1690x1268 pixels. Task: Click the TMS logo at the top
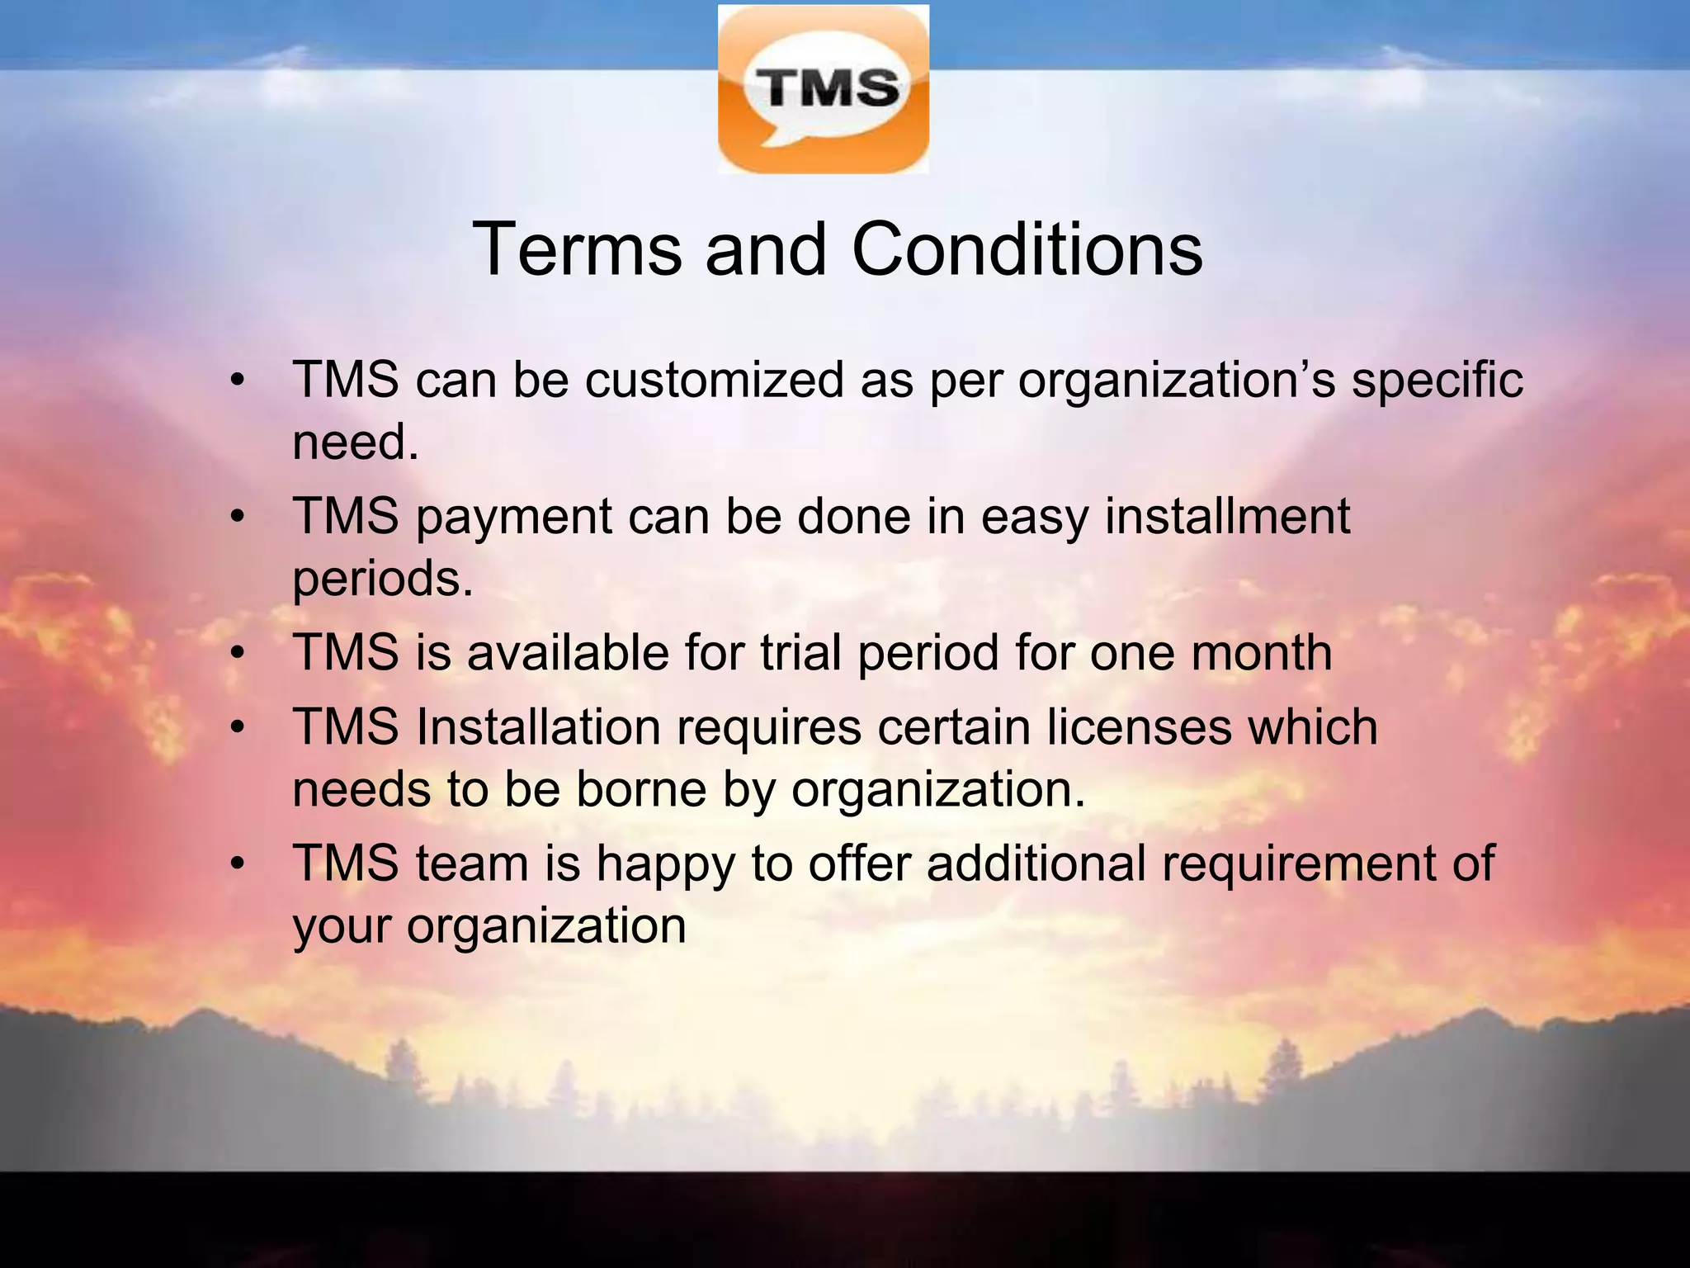click(x=823, y=89)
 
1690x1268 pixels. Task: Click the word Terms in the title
click(x=577, y=249)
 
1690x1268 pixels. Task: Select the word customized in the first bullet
click(x=715, y=381)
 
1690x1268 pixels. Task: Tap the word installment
click(x=1227, y=517)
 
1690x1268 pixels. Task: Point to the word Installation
click(x=538, y=727)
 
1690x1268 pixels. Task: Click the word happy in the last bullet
click(x=665, y=865)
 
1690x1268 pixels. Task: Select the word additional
click(x=1036, y=863)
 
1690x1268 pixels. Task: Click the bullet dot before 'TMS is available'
click(x=238, y=654)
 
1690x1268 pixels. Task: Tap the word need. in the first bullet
click(x=356, y=442)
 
